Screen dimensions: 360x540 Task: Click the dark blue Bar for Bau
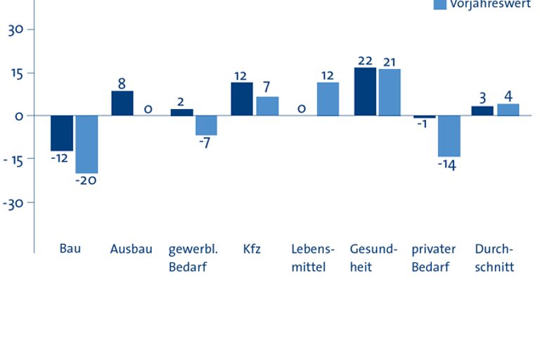point(62,133)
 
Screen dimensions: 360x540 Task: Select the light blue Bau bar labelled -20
point(87,144)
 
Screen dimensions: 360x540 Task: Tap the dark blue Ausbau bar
point(122,103)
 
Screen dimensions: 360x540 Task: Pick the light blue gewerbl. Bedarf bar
point(207,125)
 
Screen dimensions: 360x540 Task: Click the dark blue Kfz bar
point(242,99)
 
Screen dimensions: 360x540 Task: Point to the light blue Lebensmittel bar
point(328,99)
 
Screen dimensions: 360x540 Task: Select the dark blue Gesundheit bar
point(365,91)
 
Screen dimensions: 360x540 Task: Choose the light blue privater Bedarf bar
point(449,136)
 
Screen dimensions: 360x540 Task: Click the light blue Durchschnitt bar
point(508,110)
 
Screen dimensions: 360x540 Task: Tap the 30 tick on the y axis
point(16,30)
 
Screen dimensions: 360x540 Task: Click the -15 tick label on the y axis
point(14,160)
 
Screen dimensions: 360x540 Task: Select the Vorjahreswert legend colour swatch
point(440,4)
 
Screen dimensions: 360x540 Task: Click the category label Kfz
point(252,249)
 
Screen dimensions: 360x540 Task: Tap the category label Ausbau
point(131,249)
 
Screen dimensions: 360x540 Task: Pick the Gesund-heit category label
point(373,258)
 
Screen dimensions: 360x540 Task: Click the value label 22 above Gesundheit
point(364,60)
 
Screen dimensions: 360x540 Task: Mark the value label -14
point(446,166)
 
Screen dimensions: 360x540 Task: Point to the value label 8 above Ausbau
point(122,84)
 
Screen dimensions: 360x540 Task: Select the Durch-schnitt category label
point(494,258)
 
